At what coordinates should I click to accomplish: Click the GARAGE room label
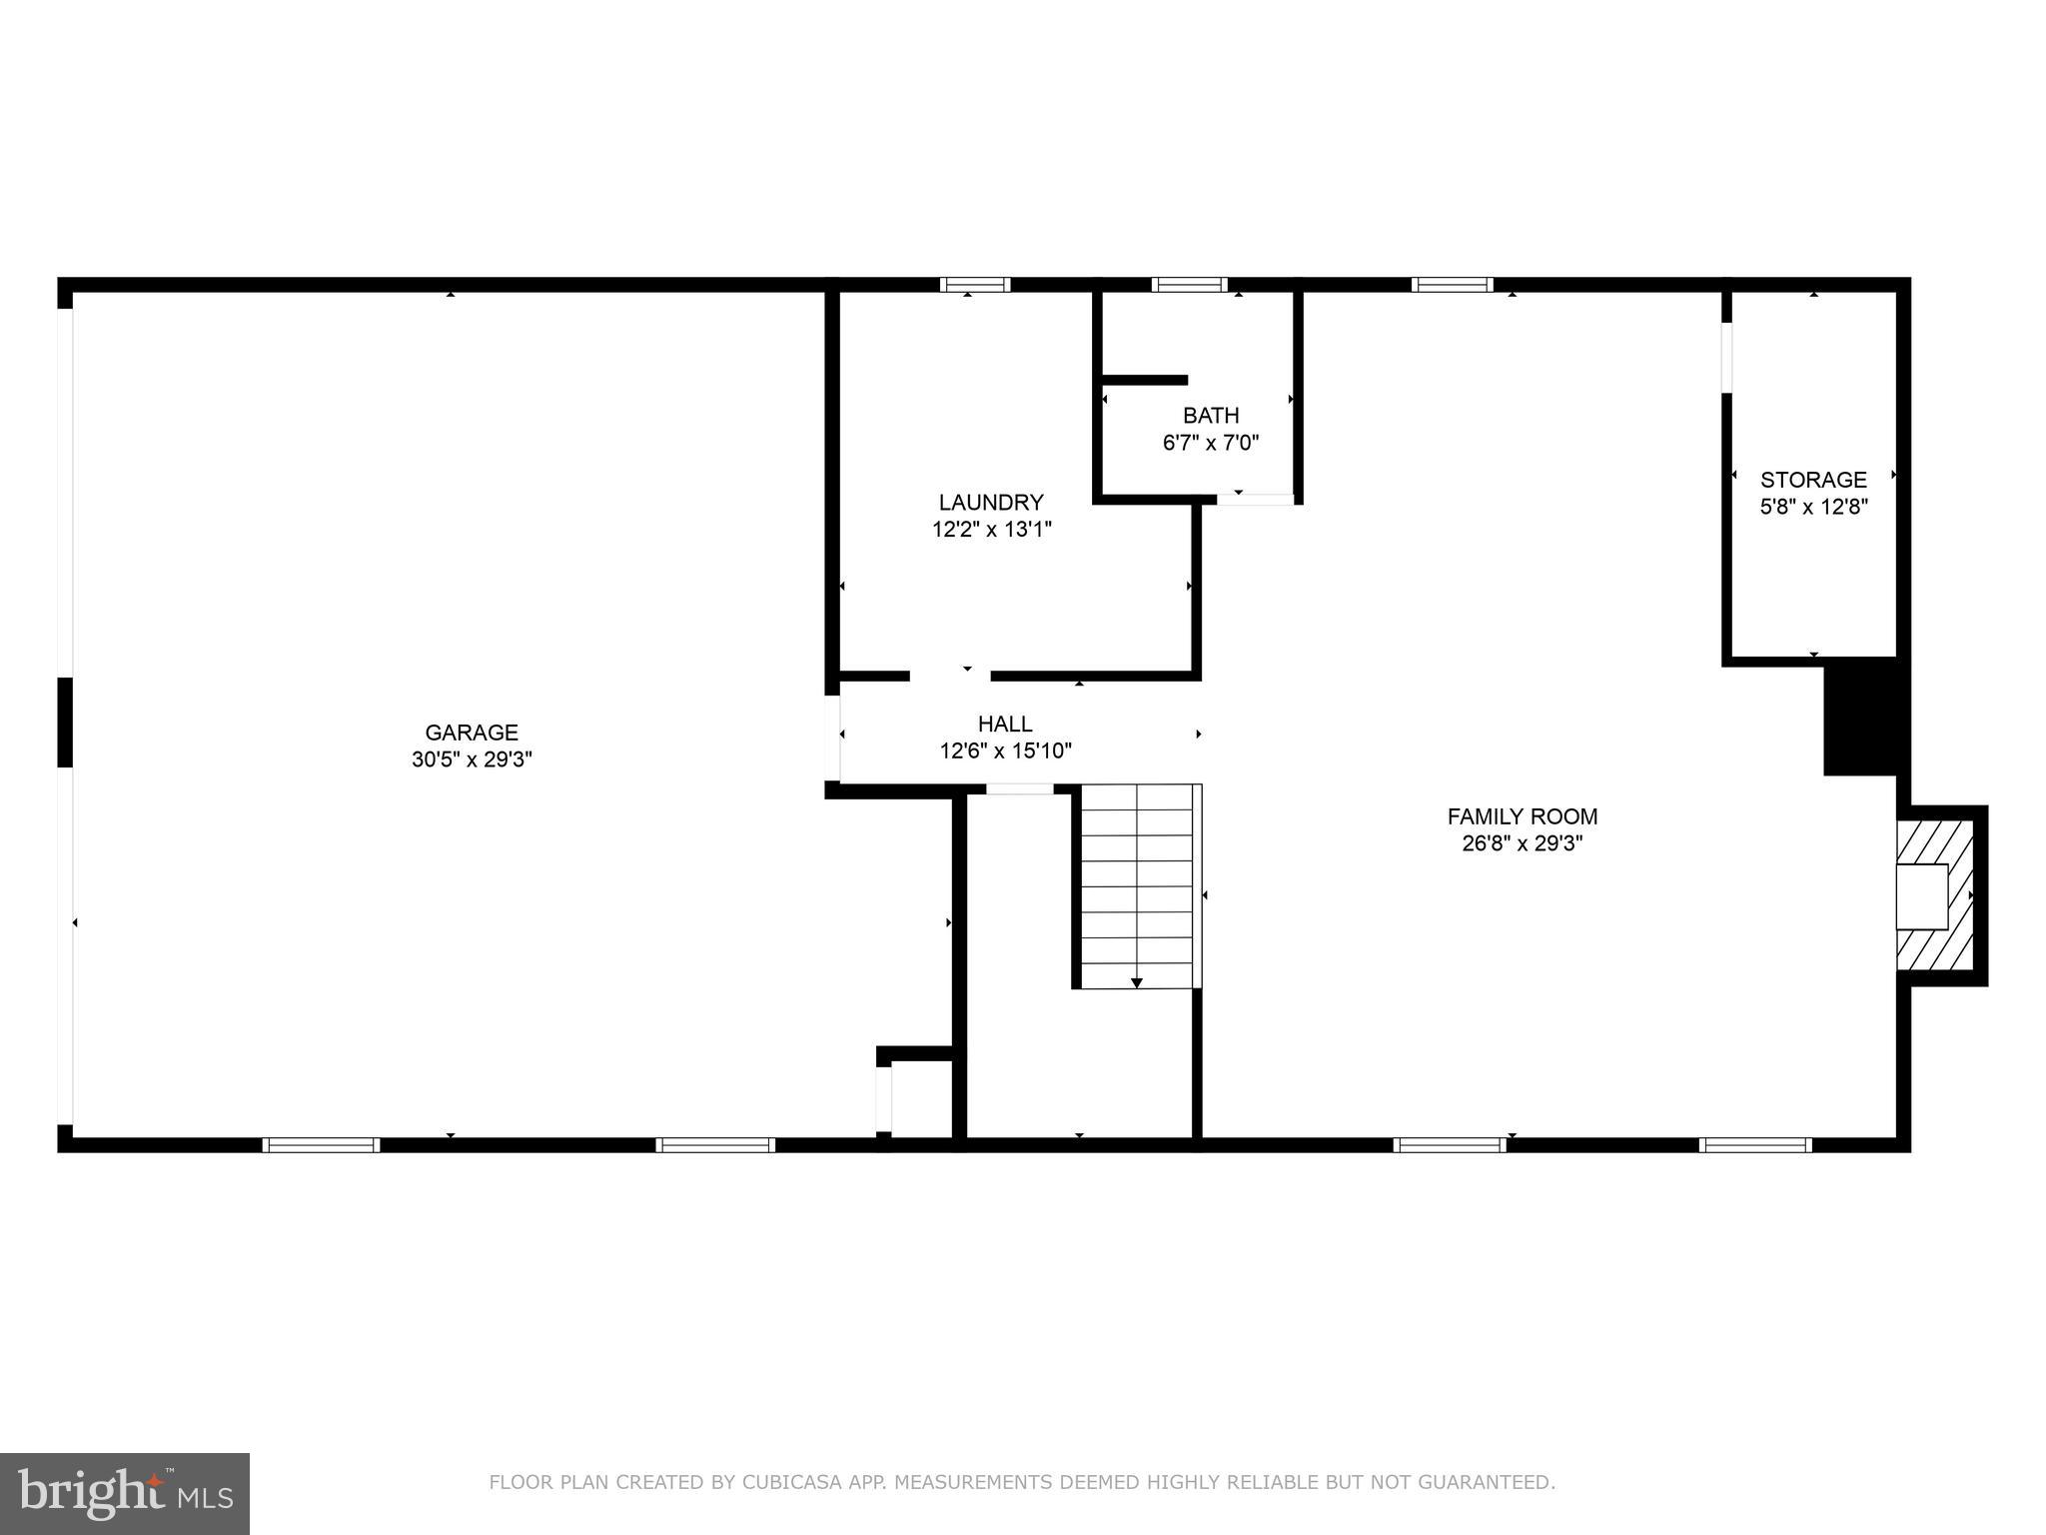(472, 733)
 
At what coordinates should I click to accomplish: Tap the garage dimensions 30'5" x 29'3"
(472, 760)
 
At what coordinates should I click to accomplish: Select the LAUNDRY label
(991, 502)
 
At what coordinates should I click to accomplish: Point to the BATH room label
(1211, 415)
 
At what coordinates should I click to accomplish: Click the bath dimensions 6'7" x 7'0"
(1211, 442)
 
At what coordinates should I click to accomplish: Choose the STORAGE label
(1813, 480)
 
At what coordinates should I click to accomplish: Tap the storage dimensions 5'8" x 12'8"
(1813, 507)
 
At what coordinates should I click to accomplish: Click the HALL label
(1005, 724)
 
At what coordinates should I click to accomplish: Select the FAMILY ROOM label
(1523, 816)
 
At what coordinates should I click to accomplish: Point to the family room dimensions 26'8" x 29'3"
(1523, 843)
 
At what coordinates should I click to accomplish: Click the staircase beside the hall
(1138, 886)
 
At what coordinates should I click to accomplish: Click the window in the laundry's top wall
(975, 285)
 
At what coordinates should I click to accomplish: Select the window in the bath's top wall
(1189, 285)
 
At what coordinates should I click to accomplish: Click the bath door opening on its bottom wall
(1255, 499)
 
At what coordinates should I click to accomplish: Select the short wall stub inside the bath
(1145, 380)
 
